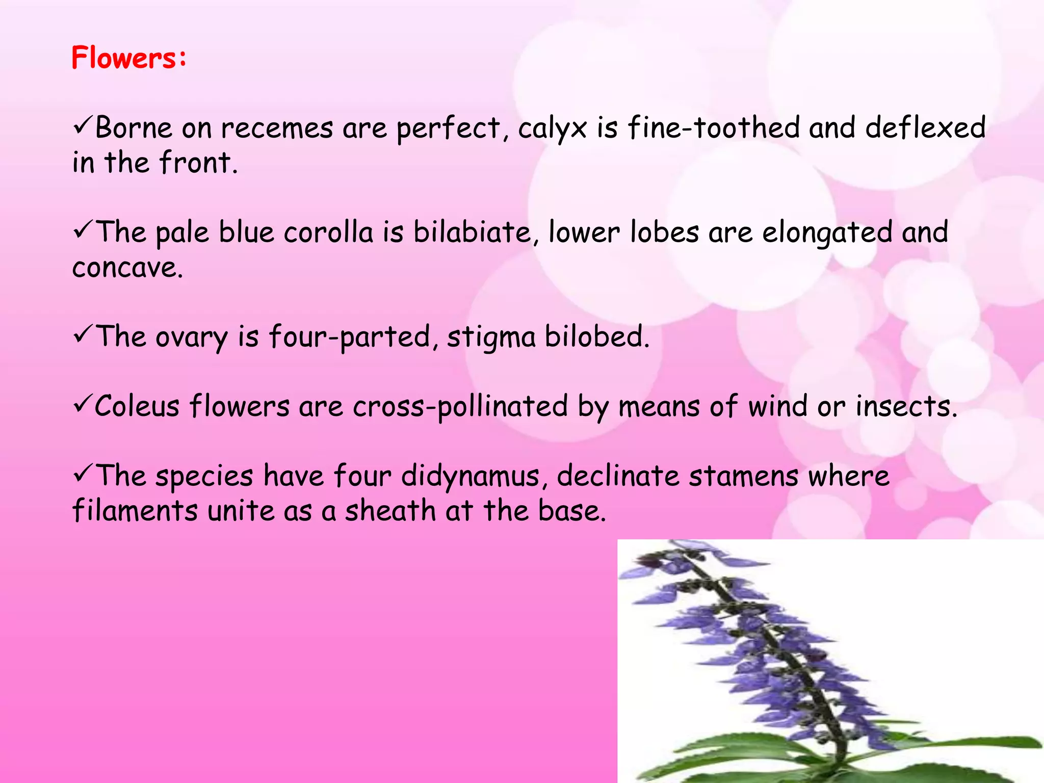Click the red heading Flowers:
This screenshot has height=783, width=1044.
click(129, 58)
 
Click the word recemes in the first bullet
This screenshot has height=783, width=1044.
click(277, 128)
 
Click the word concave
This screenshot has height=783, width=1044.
click(127, 268)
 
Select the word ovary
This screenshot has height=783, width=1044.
click(191, 337)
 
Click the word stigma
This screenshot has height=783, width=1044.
click(491, 337)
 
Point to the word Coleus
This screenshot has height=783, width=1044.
click(137, 407)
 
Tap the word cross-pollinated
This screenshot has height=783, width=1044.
click(460, 407)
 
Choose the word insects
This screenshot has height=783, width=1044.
click(906, 407)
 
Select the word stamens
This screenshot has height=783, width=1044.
click(744, 476)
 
